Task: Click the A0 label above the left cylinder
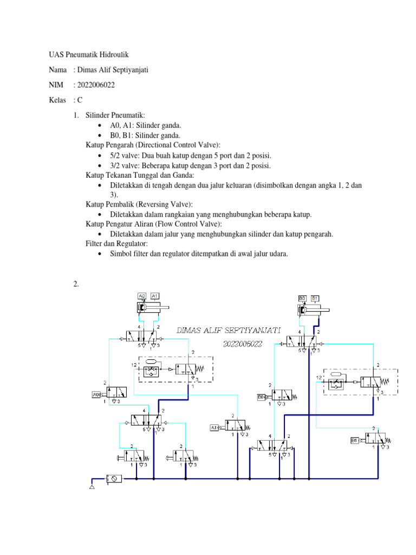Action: [142, 295]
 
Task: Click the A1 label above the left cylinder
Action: [154, 295]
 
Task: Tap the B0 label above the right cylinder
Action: [302, 298]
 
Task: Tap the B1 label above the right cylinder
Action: [315, 298]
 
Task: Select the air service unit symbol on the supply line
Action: [114, 478]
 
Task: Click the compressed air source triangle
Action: [92, 488]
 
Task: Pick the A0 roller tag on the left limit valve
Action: [97, 394]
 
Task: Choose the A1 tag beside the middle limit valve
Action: [213, 428]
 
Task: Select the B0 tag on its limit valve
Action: [261, 397]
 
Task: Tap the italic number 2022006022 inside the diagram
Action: [243, 344]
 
